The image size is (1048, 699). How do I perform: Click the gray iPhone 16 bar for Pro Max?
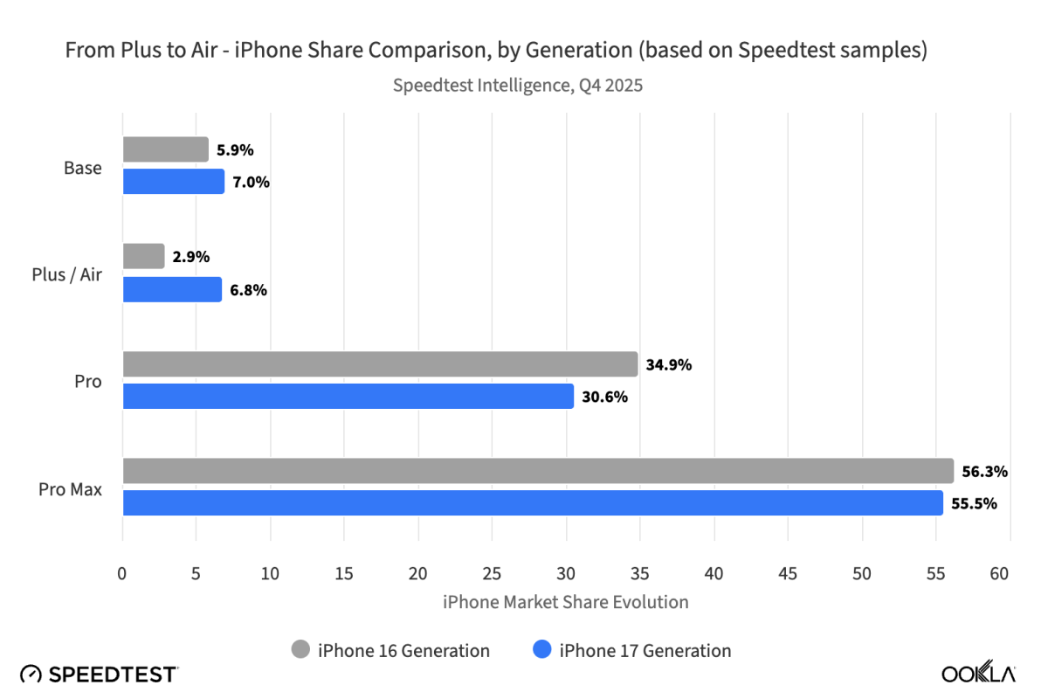tap(538, 471)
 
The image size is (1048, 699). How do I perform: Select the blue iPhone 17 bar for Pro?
tap(348, 396)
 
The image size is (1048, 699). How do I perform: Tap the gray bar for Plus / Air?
tap(143, 257)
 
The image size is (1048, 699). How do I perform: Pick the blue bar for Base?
tap(174, 182)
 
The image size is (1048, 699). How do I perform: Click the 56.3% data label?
tap(985, 472)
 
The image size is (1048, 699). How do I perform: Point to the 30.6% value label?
tap(604, 397)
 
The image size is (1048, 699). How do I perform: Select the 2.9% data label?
tap(191, 257)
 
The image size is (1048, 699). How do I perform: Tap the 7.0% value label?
tap(251, 183)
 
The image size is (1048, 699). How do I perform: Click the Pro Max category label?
tap(70, 489)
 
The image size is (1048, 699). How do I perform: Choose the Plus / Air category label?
tap(66, 275)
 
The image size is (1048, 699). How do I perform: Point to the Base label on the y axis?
tap(82, 168)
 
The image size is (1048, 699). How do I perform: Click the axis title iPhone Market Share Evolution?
tap(566, 602)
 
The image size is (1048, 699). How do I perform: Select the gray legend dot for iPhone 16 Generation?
tap(300, 650)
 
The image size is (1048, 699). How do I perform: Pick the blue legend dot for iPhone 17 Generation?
tap(541, 650)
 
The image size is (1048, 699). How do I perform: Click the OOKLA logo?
tap(978, 674)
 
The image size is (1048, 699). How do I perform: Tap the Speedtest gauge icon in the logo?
tap(31, 674)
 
